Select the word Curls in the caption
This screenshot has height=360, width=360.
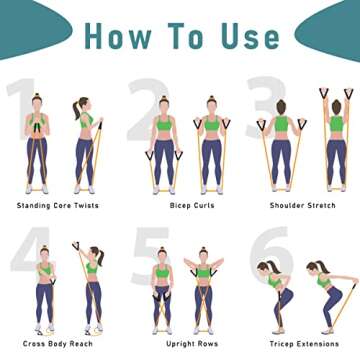[x=195, y=206]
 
